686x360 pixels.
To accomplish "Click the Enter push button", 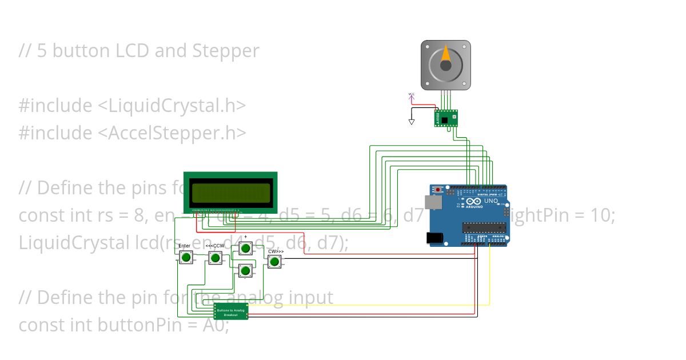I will tap(185, 258).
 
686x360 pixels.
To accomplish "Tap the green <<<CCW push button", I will tap(215, 258).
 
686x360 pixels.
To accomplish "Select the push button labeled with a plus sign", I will tap(245, 248).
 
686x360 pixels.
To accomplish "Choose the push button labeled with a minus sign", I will tap(245, 270).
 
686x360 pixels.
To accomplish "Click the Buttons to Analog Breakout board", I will tap(231, 312).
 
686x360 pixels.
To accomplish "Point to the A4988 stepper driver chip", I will tap(446, 118).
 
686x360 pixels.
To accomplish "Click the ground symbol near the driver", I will tap(411, 122).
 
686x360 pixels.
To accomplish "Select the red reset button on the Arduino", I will tap(438, 189).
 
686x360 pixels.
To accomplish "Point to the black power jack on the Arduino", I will tap(436, 238).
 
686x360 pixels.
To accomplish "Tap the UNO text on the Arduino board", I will tap(489, 202).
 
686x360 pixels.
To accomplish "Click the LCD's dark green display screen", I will tap(230, 194).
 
